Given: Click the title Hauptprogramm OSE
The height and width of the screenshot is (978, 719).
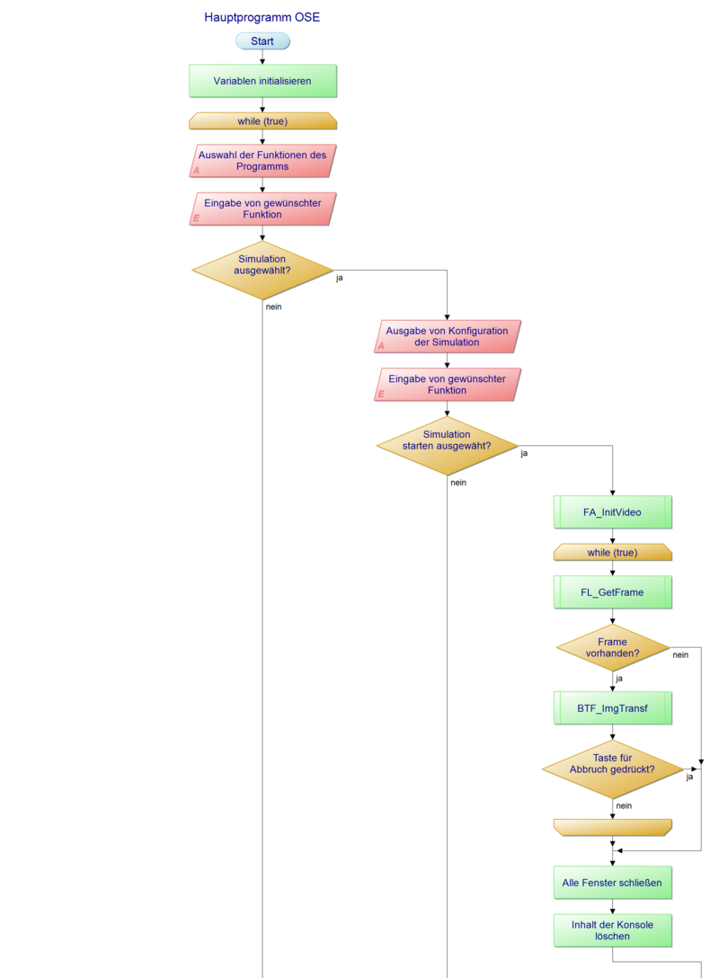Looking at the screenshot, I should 262,17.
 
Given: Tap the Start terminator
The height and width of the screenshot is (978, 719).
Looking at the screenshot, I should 262,41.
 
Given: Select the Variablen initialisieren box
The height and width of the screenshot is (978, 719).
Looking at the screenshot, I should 262,81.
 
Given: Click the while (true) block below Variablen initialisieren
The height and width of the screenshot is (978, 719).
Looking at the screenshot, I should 262,121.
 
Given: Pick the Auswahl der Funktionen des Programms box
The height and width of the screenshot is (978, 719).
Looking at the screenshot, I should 262,161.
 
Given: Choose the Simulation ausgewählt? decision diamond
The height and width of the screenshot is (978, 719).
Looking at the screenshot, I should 262,270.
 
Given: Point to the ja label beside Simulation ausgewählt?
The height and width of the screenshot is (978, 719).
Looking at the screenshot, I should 340,278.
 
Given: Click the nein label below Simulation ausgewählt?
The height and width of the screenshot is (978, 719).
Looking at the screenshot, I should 274,307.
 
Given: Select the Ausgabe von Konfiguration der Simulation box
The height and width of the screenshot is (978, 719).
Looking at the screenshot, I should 447,336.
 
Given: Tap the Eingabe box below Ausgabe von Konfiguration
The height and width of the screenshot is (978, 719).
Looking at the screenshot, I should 447,385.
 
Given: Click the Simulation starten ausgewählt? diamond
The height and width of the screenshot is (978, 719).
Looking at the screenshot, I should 447,445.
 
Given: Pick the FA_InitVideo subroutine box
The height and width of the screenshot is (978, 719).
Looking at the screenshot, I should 613,512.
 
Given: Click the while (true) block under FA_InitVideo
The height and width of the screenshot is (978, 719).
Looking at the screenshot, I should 613,552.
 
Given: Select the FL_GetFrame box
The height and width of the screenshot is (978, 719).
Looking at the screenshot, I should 613,592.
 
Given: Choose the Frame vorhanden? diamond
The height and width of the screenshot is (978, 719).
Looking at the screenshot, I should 613,647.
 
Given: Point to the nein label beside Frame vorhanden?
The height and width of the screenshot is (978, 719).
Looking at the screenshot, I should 680,654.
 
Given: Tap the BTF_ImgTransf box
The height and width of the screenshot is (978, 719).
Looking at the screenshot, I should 613,708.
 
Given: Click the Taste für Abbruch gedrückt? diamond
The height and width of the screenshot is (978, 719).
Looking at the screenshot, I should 613,769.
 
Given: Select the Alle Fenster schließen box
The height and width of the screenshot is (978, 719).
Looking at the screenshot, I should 613,883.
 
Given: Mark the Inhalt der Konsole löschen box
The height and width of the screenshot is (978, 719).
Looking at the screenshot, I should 613,930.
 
